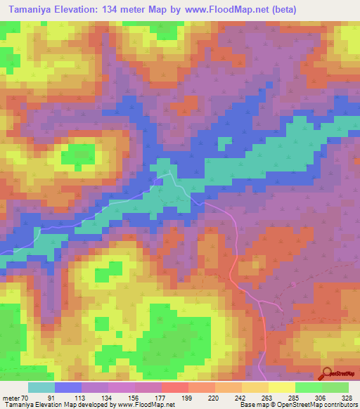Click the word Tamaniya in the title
coord(30,10)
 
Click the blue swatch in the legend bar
coord(68,387)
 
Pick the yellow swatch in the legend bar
coord(281,387)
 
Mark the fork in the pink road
coord(259,301)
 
